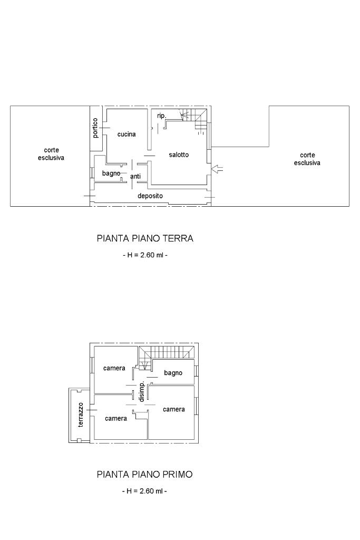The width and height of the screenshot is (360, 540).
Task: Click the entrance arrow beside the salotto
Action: [217, 169]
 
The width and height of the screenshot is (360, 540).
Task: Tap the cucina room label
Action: [127, 134]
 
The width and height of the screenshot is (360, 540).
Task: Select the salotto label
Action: [179, 155]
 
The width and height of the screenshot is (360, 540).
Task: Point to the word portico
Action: [95, 128]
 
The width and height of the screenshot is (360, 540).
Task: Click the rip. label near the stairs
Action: [161, 116]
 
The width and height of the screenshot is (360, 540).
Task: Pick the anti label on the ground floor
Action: [135, 176]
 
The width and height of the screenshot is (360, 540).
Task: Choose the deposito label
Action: [150, 196]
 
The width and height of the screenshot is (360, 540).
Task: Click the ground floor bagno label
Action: [111, 173]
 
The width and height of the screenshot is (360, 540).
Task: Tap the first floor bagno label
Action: [173, 373]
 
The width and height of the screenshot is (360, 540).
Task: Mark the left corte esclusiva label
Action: [51, 154]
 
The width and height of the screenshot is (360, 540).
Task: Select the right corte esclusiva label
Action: [307, 159]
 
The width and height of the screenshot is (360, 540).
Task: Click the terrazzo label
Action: [81, 414]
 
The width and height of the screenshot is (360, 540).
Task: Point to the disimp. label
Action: [141, 391]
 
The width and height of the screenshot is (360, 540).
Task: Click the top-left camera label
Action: [114, 368]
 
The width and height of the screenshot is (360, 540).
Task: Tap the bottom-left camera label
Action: [116, 418]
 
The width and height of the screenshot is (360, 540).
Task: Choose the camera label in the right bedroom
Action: [174, 409]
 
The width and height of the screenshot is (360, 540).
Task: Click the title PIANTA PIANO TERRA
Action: [145, 238]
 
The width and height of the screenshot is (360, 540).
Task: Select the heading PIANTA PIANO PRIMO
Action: [144, 474]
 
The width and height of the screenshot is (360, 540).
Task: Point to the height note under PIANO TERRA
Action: [145, 255]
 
